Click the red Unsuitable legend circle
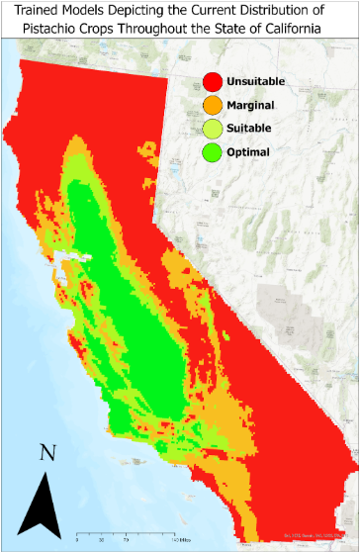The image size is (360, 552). [213, 81]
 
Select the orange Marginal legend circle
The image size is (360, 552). [213, 105]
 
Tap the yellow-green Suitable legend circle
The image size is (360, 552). [213, 129]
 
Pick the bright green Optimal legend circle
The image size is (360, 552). [213, 152]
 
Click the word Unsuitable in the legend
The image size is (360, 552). [257, 81]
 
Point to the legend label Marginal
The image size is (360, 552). [250, 105]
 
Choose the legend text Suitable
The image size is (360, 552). [249, 129]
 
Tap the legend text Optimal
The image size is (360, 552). [247, 152]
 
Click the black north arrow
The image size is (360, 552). [44, 505]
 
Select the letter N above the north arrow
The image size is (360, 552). [45, 453]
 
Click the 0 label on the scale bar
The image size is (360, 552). [77, 541]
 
